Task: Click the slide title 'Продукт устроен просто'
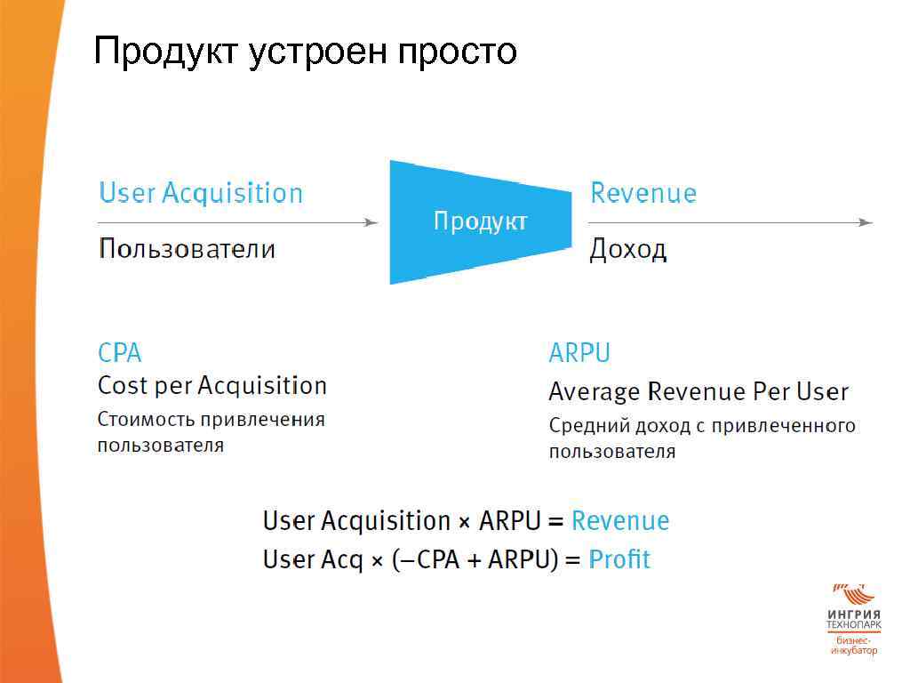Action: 305,52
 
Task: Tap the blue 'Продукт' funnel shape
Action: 479,221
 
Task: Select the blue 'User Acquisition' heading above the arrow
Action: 201,193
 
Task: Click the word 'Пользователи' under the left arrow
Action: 187,248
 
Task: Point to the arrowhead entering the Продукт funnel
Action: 372,222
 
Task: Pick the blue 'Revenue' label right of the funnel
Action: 643,193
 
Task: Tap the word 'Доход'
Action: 627,250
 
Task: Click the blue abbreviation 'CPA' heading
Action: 119,353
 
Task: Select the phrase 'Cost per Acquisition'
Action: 212,386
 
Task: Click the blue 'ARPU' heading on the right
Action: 579,353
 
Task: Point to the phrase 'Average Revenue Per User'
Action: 698,391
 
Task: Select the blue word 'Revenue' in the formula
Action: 620,520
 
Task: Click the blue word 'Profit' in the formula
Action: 619,559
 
